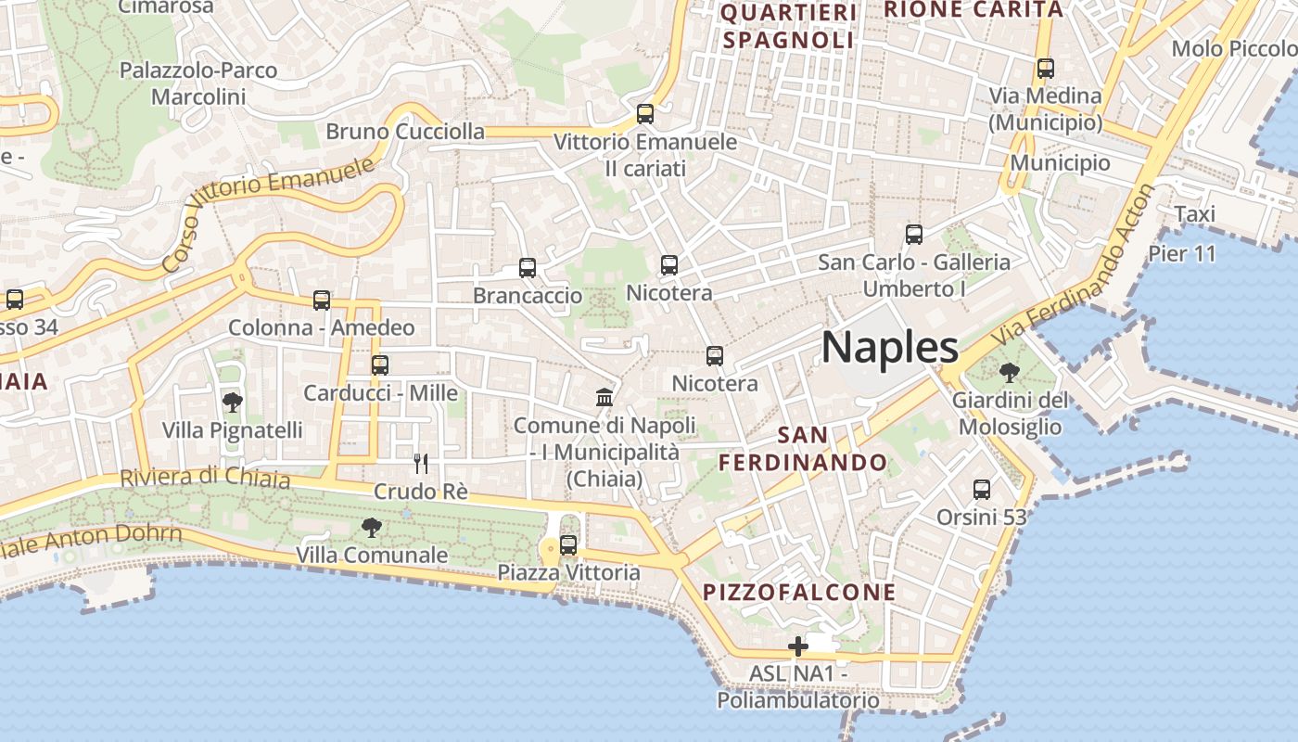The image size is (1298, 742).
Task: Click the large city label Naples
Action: pyautogui.click(x=889, y=348)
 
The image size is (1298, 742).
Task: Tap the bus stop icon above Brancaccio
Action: pyautogui.click(x=528, y=268)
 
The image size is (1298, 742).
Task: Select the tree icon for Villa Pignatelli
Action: pyautogui.click(x=232, y=403)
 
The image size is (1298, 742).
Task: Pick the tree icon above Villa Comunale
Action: pyautogui.click(x=372, y=528)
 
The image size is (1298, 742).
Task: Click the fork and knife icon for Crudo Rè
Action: pyautogui.click(x=421, y=463)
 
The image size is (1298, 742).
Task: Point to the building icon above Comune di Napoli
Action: pyautogui.click(x=604, y=397)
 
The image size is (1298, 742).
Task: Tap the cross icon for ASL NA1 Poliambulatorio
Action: pyautogui.click(x=797, y=646)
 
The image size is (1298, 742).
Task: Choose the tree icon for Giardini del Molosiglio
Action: pyautogui.click(x=1010, y=373)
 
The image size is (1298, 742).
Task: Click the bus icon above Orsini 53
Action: pyautogui.click(x=982, y=489)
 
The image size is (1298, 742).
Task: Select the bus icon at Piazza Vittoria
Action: pyautogui.click(x=568, y=545)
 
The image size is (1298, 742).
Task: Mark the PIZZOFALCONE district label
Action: pyautogui.click(x=799, y=592)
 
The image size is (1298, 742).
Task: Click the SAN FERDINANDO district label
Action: pyautogui.click(x=804, y=448)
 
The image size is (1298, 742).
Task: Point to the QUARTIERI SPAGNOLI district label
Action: pyautogui.click(x=788, y=26)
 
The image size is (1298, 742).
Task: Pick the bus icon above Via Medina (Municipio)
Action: pyautogui.click(x=1046, y=69)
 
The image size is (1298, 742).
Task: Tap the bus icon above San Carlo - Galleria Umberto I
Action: pyautogui.click(x=914, y=235)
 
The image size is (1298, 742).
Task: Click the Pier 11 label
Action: pyautogui.click(x=1181, y=253)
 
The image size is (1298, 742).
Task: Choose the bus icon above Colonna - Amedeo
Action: pyautogui.click(x=322, y=301)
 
